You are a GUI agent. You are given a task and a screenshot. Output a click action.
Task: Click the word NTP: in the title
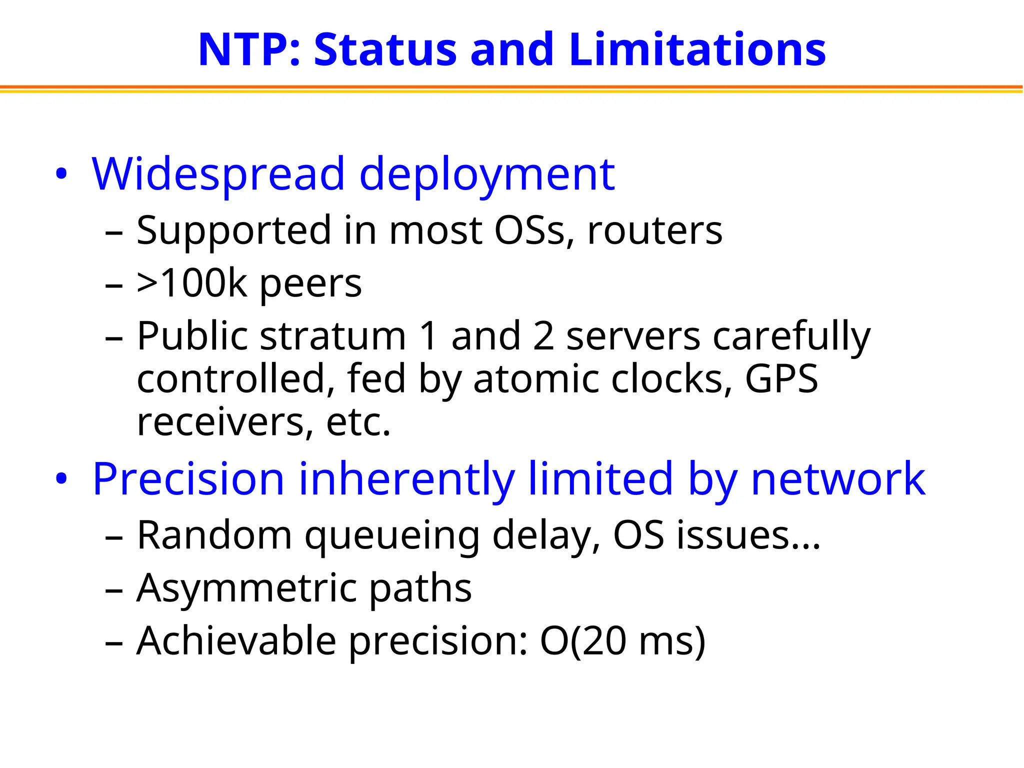tap(249, 50)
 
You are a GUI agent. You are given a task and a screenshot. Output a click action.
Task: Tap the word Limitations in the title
tap(697, 50)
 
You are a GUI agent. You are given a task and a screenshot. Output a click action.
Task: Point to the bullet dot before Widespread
tap(61, 175)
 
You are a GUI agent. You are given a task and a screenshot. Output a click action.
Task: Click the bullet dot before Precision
tap(61, 479)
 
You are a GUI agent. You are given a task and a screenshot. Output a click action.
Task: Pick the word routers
tap(655, 231)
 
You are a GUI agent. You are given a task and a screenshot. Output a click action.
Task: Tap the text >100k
tap(192, 283)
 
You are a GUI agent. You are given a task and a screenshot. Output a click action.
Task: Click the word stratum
tap(332, 336)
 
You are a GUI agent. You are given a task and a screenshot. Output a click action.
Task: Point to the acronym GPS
tap(781, 379)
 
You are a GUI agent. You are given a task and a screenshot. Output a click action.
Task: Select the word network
tap(838, 479)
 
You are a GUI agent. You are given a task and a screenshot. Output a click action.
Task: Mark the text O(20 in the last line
tap(582, 641)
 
